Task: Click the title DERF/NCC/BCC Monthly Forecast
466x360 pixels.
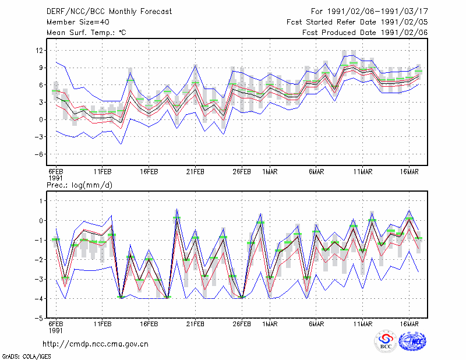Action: click(x=109, y=12)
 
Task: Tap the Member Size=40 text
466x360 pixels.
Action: click(x=78, y=22)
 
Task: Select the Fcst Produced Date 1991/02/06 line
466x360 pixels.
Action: click(x=365, y=33)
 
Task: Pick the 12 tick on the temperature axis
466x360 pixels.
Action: click(x=39, y=51)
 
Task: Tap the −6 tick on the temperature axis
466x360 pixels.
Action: click(x=38, y=154)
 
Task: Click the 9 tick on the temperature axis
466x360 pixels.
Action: click(x=41, y=68)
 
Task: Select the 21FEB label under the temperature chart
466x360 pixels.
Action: click(x=195, y=172)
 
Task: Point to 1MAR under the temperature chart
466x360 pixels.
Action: click(x=270, y=172)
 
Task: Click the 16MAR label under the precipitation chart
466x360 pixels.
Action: click(x=409, y=324)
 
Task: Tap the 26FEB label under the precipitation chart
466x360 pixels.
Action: click(x=242, y=324)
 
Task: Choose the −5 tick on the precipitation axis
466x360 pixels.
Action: click(x=39, y=319)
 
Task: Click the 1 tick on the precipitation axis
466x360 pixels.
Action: click(x=41, y=201)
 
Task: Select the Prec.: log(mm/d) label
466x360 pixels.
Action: click(x=80, y=185)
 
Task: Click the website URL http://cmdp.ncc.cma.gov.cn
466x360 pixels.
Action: click(x=96, y=344)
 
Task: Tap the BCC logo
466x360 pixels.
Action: click(x=386, y=341)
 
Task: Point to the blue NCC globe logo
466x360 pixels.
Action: click(x=412, y=341)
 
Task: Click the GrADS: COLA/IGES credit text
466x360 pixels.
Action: click(x=27, y=357)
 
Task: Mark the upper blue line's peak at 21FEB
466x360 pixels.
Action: click(x=195, y=65)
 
